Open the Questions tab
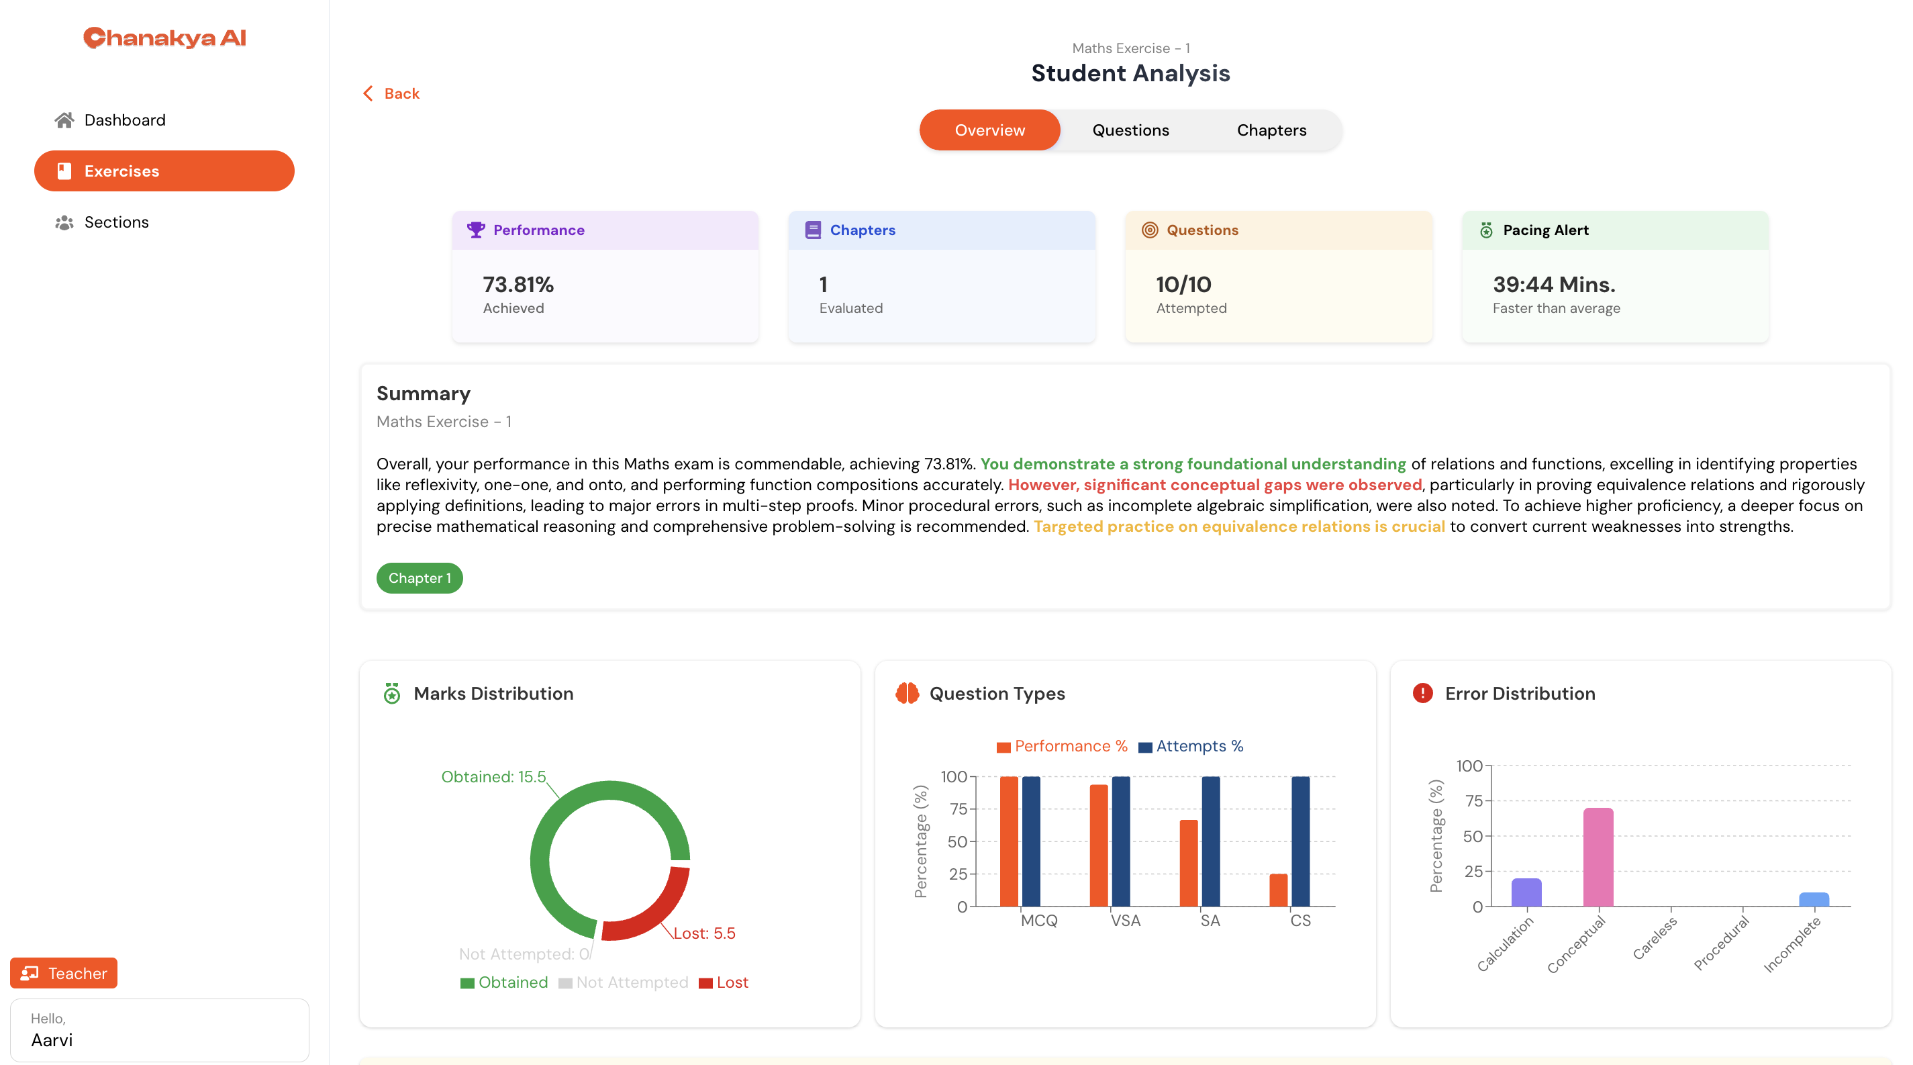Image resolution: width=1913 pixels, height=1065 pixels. (x=1130, y=130)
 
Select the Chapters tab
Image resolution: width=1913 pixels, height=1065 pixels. (x=1271, y=130)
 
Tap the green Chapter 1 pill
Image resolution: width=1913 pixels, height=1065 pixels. (x=420, y=577)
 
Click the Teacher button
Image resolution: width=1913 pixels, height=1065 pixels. (x=64, y=973)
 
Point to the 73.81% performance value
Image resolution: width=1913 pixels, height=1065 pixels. (x=518, y=285)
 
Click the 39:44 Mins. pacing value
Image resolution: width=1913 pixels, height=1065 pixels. (x=1555, y=285)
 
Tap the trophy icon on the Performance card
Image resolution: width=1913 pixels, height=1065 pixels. (x=476, y=230)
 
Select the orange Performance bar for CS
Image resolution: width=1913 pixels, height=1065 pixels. (x=1278, y=890)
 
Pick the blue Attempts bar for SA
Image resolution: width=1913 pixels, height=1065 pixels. (x=1210, y=841)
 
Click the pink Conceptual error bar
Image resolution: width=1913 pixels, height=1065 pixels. (x=1598, y=857)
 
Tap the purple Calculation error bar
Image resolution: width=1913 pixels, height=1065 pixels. (x=1526, y=892)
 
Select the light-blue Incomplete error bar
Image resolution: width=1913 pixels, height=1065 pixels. (x=1814, y=899)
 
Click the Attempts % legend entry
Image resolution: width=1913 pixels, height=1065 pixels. (x=1191, y=747)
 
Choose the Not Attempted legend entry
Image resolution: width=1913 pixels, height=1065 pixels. (x=624, y=982)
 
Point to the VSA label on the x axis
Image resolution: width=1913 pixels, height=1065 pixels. (x=1125, y=920)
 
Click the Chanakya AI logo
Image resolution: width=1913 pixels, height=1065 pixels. (x=164, y=37)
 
